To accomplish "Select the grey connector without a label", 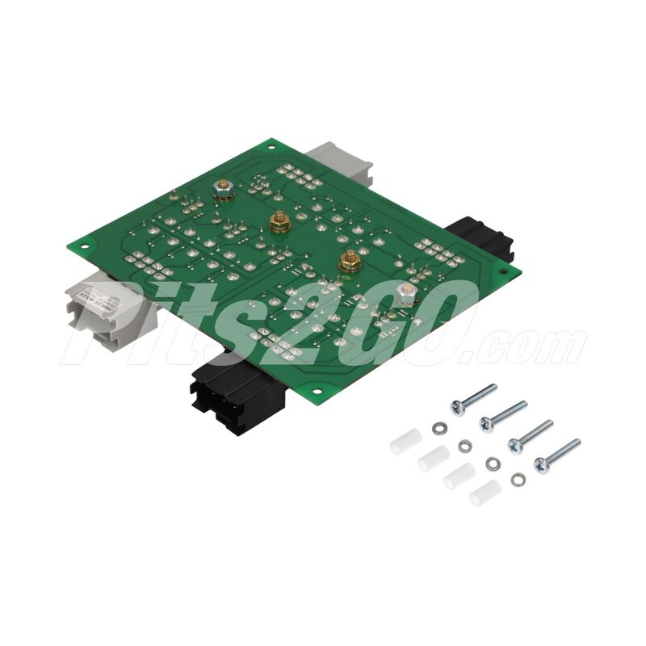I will [340, 161].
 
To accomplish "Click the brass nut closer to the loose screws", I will [350, 262].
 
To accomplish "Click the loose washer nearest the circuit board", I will [438, 427].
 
